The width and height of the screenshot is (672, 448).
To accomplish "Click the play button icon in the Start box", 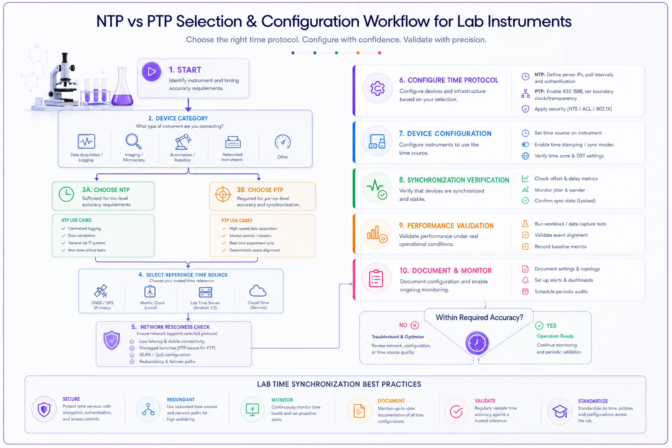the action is pos(151,71).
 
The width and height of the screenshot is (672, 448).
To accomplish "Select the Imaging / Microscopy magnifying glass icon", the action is pos(133,141).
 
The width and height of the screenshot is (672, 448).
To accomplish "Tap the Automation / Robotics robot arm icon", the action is pos(183,142).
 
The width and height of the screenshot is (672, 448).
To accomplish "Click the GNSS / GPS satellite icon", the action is pos(101,291).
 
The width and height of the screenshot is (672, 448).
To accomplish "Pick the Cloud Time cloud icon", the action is pos(258,291).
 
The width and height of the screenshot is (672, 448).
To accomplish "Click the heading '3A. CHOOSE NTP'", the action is pos(105,190).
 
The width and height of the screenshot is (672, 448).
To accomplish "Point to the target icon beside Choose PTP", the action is pos(223,194).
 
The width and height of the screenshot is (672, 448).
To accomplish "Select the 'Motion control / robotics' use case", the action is pos(250,236).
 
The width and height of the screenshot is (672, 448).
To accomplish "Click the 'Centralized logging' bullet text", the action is pos(84,228).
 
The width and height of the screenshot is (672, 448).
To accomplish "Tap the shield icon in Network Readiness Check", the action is pos(112,340).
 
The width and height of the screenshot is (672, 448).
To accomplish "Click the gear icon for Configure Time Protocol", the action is pos(378,88).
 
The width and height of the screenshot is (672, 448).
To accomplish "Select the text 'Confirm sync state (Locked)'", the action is pos(565,201).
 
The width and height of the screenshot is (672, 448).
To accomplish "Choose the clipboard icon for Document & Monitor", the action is pos(376,279).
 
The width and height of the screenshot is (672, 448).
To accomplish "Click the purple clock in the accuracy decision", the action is pos(477,343).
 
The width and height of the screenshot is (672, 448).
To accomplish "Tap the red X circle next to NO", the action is pos(415,325).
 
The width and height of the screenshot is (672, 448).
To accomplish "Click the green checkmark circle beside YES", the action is pos(539,325).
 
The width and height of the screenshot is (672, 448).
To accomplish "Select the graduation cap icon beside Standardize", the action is pos(560,411).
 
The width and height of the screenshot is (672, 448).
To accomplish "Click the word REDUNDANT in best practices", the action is pos(181,400).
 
